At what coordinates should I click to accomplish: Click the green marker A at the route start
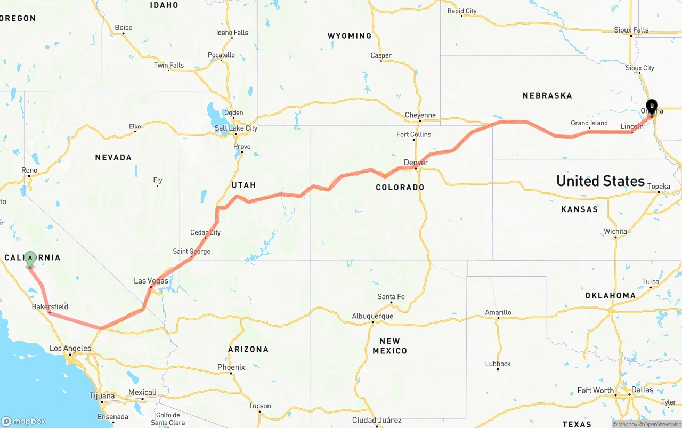point(30,259)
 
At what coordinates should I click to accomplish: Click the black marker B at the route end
point(652,106)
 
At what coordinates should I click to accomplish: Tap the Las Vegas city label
point(151,281)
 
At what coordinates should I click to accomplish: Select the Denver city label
point(416,162)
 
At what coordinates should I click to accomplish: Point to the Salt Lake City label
point(236,128)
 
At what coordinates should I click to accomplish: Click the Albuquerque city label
point(372,316)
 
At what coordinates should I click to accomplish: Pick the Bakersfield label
point(50,306)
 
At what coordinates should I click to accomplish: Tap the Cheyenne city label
point(420,115)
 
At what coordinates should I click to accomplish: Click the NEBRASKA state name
point(547,96)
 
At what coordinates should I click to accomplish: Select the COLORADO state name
point(400,188)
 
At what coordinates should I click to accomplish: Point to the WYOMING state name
point(350,36)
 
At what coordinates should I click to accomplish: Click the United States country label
point(600,181)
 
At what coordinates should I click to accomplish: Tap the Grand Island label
point(589,123)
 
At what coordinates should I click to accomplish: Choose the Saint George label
point(191,251)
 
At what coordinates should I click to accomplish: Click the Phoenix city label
point(231,367)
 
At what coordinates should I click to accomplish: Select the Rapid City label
point(462,11)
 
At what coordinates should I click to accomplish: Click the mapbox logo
point(23,421)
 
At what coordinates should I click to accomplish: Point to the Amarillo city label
point(498,312)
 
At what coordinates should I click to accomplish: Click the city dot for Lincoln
point(632,132)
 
